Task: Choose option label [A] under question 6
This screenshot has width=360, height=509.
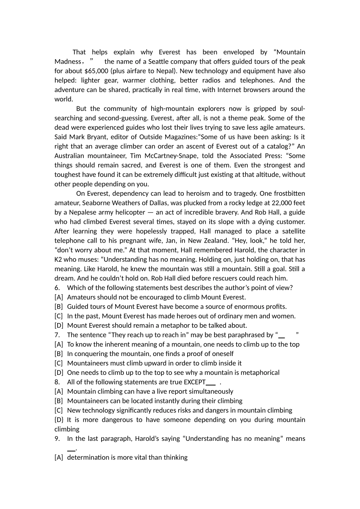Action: click(x=59, y=297)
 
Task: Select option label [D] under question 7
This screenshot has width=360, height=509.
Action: click(x=59, y=373)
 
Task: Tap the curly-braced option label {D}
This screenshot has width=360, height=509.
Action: click(x=59, y=420)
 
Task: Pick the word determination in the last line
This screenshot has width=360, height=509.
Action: click(x=88, y=457)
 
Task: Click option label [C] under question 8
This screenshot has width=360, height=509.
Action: click(x=59, y=410)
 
